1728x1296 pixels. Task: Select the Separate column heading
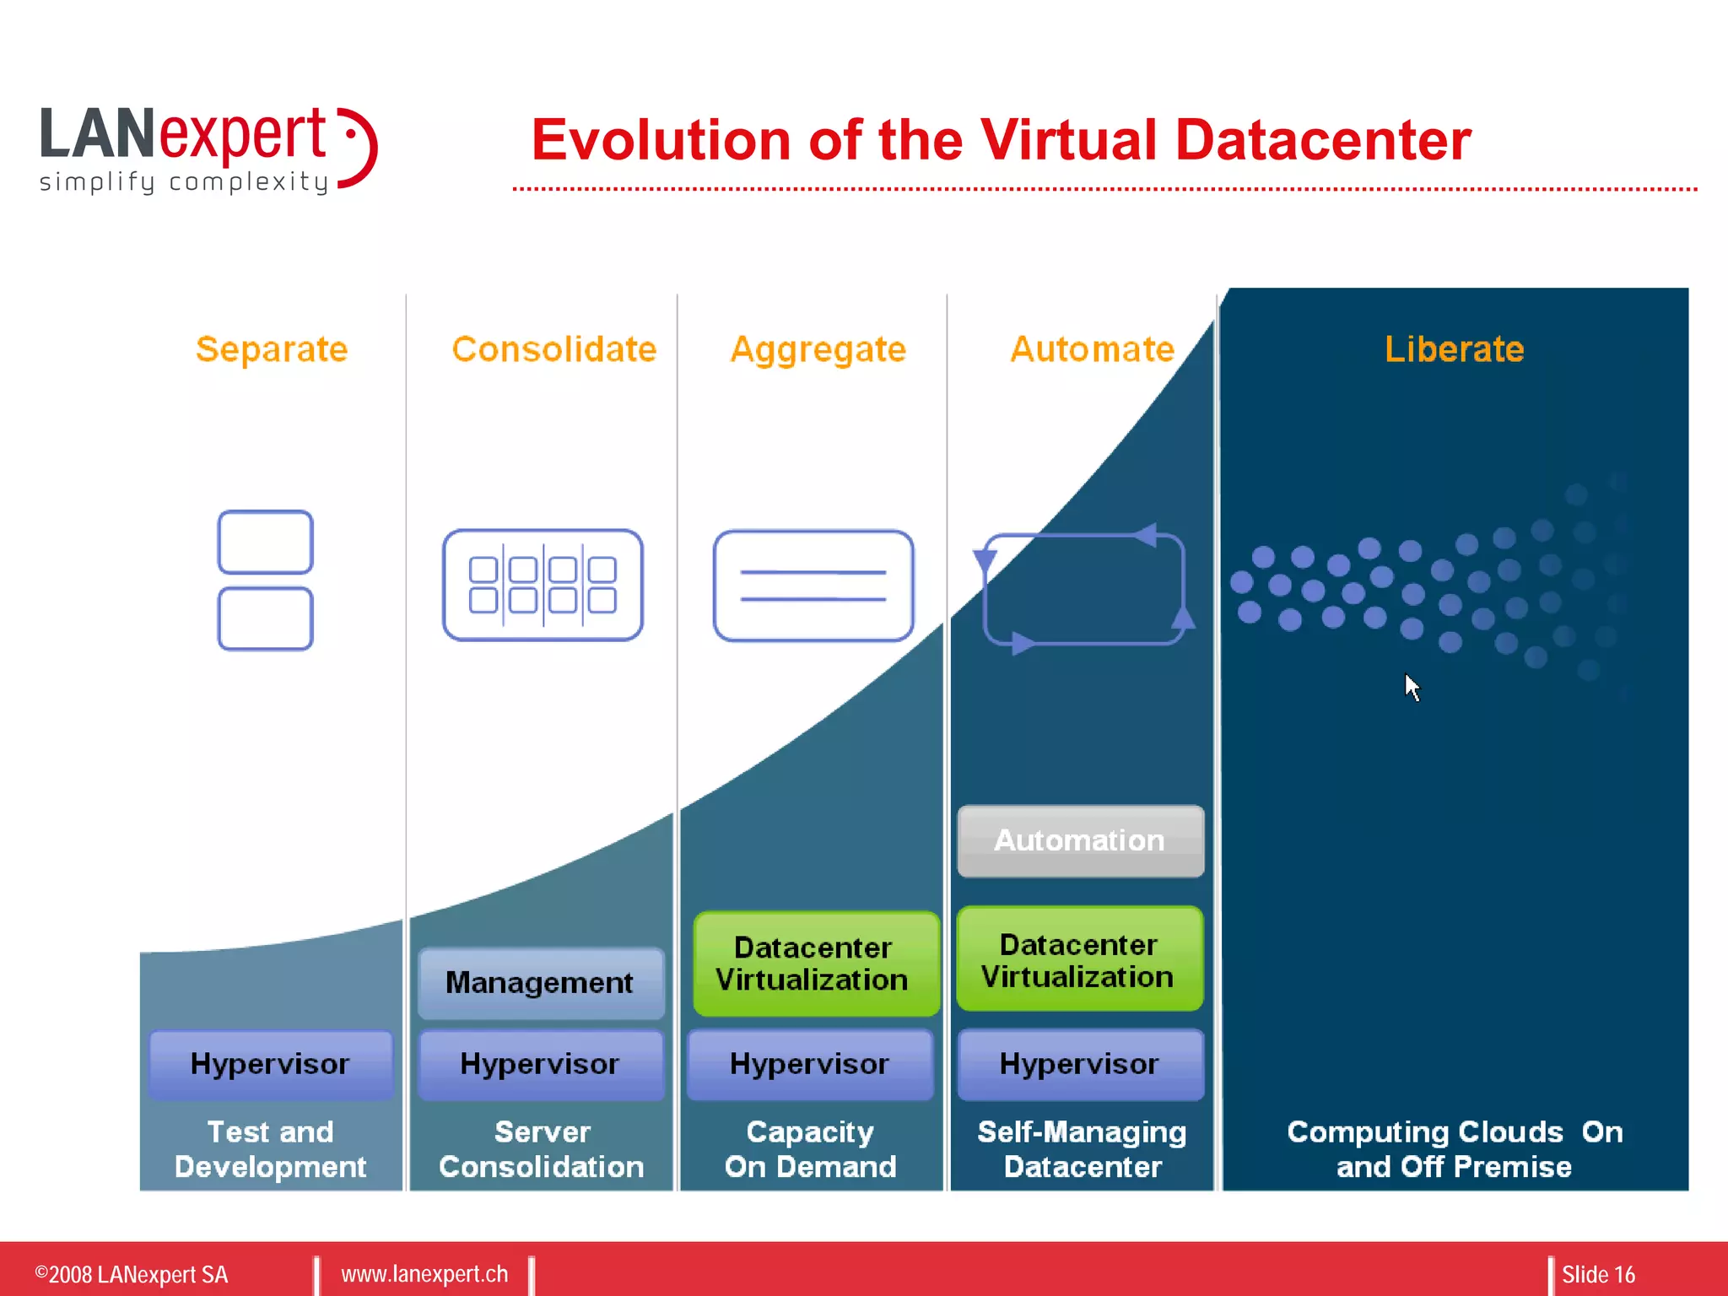click(272, 349)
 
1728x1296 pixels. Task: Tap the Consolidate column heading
click(553, 349)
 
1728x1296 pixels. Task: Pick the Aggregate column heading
click(818, 349)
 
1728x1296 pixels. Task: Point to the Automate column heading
click(1092, 349)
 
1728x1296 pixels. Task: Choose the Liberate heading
click(1454, 349)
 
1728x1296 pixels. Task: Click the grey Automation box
click(1080, 841)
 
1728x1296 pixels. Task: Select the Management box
click(540, 983)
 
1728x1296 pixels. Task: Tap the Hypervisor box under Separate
click(270, 1064)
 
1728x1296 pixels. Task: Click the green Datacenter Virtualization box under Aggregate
click(814, 964)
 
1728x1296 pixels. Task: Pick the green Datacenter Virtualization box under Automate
click(1079, 960)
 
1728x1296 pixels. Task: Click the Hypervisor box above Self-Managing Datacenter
click(1080, 1064)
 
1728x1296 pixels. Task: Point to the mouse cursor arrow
click(1412, 687)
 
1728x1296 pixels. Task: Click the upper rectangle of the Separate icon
click(265, 542)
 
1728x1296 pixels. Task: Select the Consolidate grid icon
click(543, 585)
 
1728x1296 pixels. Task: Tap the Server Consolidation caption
click(542, 1149)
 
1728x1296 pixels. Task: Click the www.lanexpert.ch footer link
click(424, 1274)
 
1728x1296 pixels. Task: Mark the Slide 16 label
click(1598, 1274)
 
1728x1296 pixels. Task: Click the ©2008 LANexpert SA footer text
click(132, 1274)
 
